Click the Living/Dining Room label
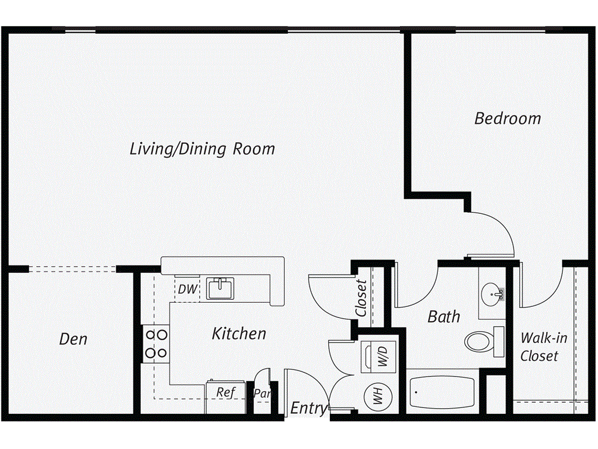coord(202,148)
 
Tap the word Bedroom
coord(507,119)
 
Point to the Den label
coord(74,339)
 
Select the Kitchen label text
coord(238,334)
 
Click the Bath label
coord(444,317)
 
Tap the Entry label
coord(309,408)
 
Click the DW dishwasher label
coord(187,289)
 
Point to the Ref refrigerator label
coord(225,392)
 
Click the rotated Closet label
coord(362,298)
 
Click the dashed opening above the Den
coord(72,269)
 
